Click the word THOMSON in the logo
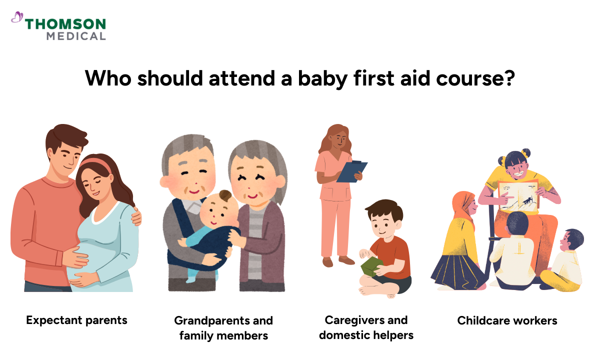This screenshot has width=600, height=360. [x=65, y=24]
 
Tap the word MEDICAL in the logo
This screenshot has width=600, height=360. [x=76, y=36]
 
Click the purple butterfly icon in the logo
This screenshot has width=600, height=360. [x=17, y=18]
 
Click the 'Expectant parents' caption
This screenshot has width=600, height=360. [x=76, y=320]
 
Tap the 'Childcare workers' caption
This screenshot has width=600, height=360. [x=507, y=320]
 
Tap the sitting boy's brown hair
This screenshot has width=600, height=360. [x=383, y=210]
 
